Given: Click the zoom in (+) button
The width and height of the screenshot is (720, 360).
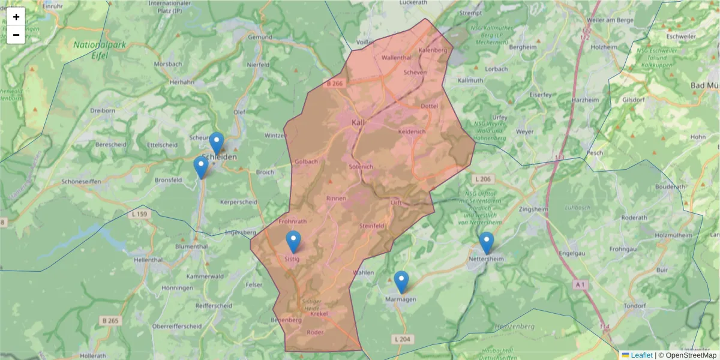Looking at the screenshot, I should [16, 17].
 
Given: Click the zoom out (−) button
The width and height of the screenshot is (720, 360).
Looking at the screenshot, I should [16, 35].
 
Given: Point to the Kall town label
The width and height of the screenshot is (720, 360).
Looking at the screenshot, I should [358, 122].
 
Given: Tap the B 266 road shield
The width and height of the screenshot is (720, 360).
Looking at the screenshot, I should [335, 84].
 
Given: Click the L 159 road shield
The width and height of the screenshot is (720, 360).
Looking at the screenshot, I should [139, 214].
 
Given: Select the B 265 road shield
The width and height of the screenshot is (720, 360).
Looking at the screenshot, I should [111, 322].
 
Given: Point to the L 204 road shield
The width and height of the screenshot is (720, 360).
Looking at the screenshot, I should [403, 340].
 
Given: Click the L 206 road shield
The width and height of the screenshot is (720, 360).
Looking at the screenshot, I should [482, 179].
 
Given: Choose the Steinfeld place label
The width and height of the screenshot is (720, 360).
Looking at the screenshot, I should [371, 226].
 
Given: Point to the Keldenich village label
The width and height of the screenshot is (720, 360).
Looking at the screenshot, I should [412, 131].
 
